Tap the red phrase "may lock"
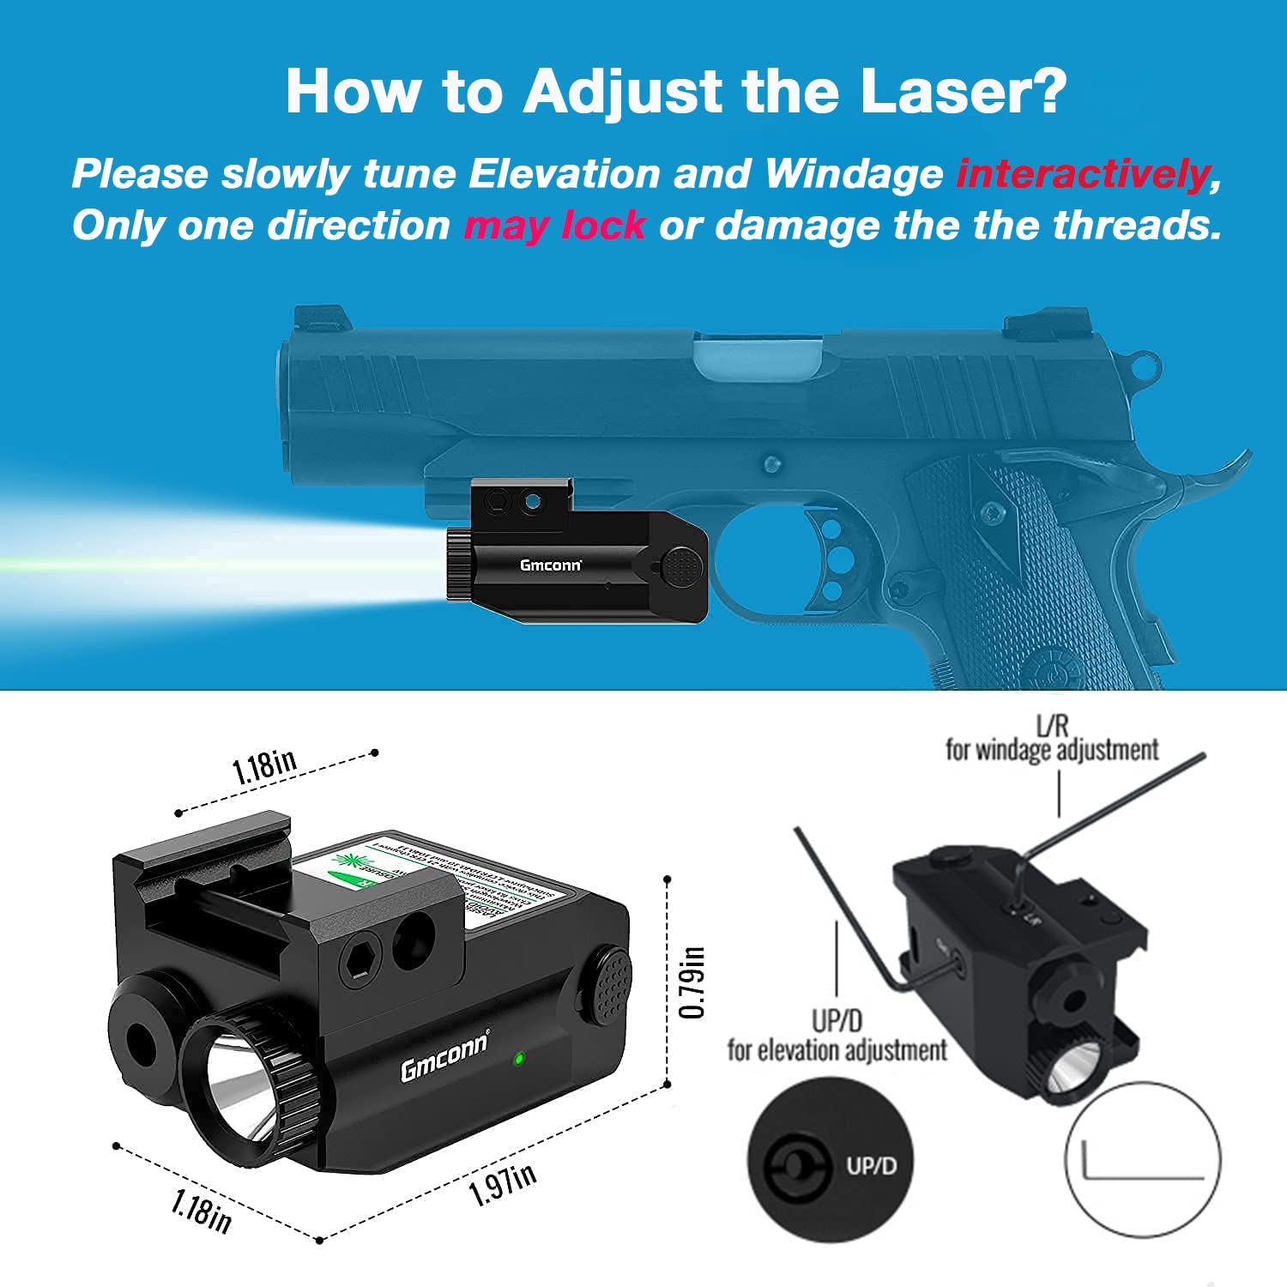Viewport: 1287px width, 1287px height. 554,226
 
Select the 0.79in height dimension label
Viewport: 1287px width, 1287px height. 692,982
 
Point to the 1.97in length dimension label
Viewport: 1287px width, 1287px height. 503,1185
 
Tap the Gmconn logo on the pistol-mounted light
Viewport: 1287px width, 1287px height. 550,565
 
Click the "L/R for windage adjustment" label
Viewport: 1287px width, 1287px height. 1052,740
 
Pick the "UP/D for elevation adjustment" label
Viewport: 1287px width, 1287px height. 837,1036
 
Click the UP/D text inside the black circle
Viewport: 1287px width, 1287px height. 871,1166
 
